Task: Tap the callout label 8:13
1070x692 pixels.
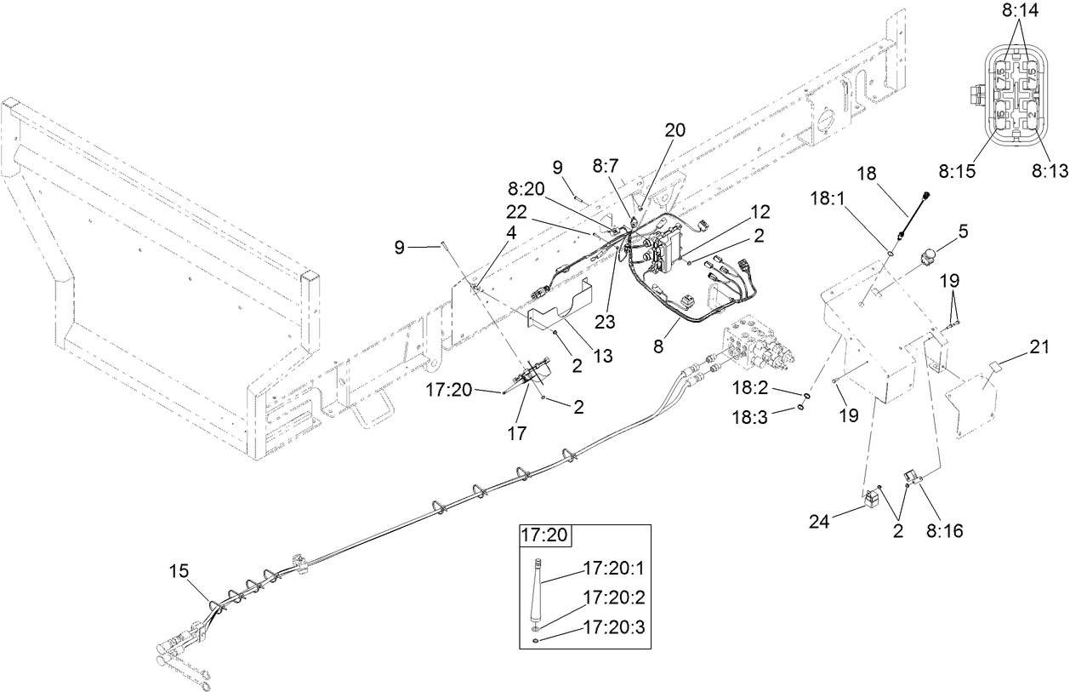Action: (1049, 171)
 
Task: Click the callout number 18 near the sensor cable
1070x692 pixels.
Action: (866, 174)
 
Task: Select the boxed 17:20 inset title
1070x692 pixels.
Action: (545, 536)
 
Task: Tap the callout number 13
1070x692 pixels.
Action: (603, 357)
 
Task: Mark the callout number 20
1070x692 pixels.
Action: (674, 130)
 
